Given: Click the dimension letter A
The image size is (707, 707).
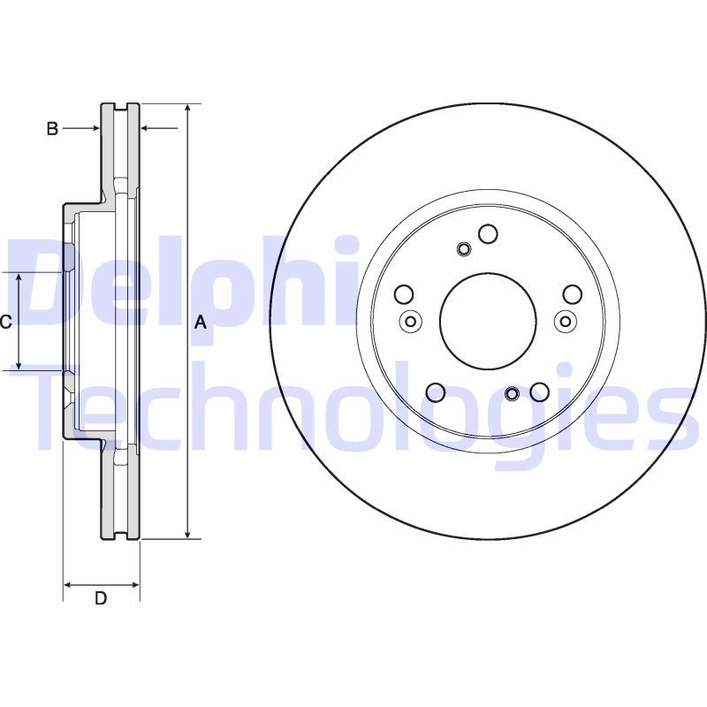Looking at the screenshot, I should pyautogui.click(x=201, y=323).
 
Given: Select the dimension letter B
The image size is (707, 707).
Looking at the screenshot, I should pyautogui.click(x=52, y=129).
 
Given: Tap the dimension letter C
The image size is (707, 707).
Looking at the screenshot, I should pyautogui.click(x=5, y=323).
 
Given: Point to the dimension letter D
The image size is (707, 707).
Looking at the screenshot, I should pyautogui.click(x=101, y=598).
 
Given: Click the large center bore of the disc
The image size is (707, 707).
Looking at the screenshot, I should pyautogui.click(x=488, y=320).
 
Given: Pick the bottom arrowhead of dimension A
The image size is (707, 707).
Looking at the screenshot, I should pyautogui.click(x=188, y=532).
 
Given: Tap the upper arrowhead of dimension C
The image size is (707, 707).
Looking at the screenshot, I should pyautogui.click(x=19, y=278).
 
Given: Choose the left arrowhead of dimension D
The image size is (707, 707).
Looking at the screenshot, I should pyautogui.click(x=69, y=584).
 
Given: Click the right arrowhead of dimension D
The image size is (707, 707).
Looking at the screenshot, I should pyautogui.click(x=134, y=584).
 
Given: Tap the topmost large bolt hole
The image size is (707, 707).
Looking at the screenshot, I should pyautogui.click(x=488, y=233).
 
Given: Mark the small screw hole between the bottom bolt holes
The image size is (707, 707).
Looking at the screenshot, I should pyautogui.click(x=512, y=392).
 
